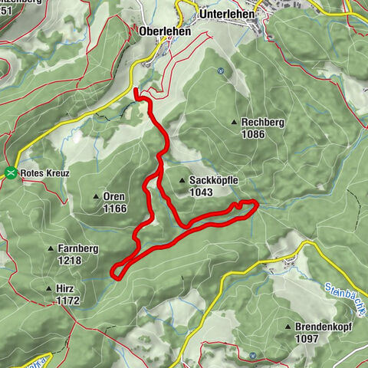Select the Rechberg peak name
tap(264, 122)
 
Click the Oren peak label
tap(113, 196)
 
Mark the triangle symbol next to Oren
tap(97, 197)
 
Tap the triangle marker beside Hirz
tap(50, 290)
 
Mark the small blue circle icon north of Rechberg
tap(220, 71)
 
